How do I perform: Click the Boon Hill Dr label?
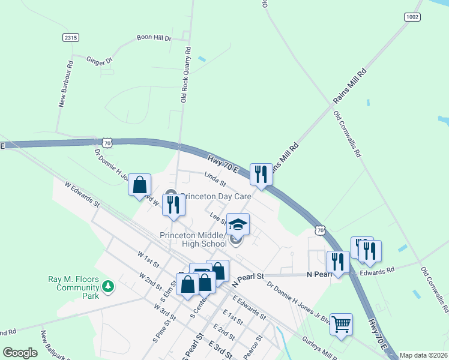154,38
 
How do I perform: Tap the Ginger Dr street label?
100,61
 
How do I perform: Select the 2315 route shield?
71,37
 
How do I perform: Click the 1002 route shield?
412,17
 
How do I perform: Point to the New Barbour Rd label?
66,83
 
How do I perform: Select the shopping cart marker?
342,324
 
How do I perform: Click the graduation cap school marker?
238,224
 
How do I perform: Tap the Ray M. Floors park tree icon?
108,287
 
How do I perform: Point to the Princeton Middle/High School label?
193,239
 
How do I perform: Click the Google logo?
20,353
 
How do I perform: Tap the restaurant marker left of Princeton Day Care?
173,205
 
